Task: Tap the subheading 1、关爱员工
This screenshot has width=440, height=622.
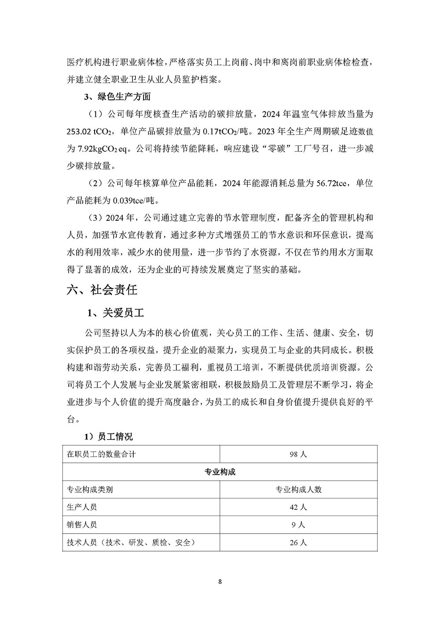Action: pyautogui.click(x=116, y=313)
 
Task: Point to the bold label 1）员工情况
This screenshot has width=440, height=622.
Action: pyautogui.click(x=108, y=437)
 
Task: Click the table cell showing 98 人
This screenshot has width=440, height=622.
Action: pyautogui.click(x=298, y=454)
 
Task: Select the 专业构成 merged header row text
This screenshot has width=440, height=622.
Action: pyautogui.click(x=220, y=472)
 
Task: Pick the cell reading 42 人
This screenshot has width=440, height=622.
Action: pyautogui.click(x=298, y=507)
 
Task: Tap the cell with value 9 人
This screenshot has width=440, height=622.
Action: pyautogui.click(x=298, y=525)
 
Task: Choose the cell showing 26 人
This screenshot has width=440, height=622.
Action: pyautogui.click(x=298, y=542)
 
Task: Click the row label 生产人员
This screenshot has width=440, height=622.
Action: pyautogui.click(x=82, y=507)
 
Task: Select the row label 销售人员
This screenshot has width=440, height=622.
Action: pyautogui.click(x=82, y=525)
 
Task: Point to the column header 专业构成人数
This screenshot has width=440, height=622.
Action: pyautogui.click(x=298, y=490)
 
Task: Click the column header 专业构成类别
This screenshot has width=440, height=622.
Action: pyautogui.click(x=90, y=490)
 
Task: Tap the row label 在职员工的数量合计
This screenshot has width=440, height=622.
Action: pyautogui.click(x=101, y=454)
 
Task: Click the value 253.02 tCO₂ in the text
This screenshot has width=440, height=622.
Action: pyautogui.click(x=91, y=132)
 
